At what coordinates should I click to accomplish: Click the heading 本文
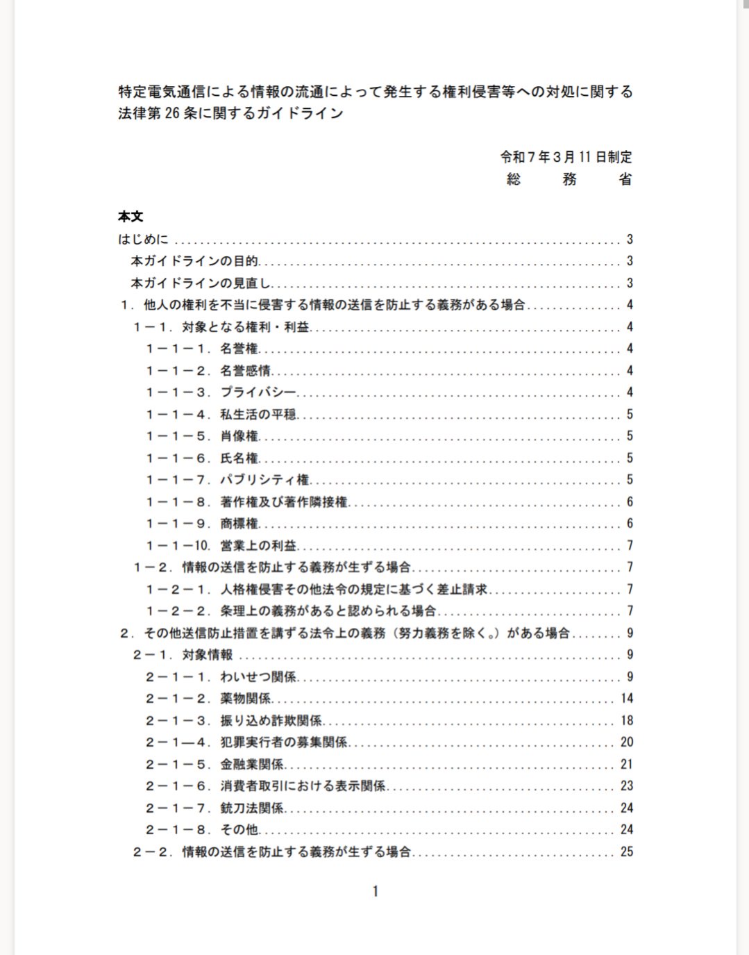(131, 217)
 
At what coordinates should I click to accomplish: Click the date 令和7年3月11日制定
(566, 157)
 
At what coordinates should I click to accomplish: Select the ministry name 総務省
(569, 179)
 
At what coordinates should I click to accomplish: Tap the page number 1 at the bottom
(376, 891)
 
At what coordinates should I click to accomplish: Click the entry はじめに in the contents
(143, 239)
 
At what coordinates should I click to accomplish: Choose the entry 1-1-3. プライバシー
(221, 392)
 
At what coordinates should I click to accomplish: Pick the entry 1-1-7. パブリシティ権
(228, 480)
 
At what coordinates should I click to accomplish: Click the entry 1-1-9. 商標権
(202, 524)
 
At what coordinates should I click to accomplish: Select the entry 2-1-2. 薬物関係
(208, 699)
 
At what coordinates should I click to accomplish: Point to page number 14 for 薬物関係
(627, 699)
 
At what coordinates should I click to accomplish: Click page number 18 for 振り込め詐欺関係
(627, 720)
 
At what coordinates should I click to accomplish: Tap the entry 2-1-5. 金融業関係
(214, 764)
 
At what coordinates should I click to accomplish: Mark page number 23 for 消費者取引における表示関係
(627, 786)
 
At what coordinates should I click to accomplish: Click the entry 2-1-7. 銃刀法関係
(214, 808)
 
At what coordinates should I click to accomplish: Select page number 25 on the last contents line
(627, 852)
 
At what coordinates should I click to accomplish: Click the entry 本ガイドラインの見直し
(201, 283)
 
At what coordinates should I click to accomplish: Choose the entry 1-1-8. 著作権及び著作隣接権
(246, 501)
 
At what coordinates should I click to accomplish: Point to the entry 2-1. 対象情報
(183, 655)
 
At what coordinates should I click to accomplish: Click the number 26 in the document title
(172, 113)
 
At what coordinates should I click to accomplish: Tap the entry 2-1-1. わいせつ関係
(221, 676)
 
